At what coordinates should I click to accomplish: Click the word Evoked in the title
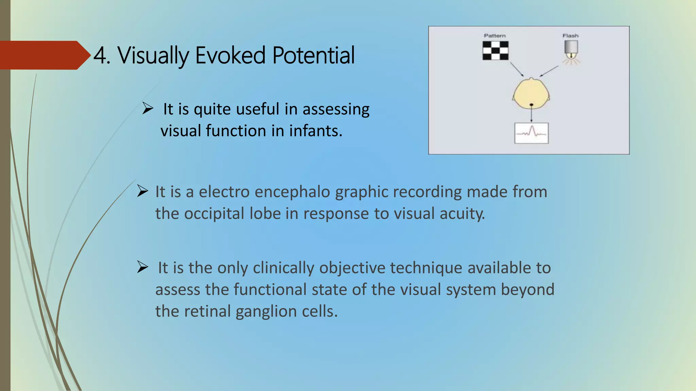(230, 55)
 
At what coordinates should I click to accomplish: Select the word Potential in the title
(313, 55)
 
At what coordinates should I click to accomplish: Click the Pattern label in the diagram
(494, 36)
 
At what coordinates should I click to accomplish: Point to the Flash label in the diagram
(570, 36)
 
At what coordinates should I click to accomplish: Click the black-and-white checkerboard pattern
(495, 51)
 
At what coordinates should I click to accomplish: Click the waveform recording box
(532, 133)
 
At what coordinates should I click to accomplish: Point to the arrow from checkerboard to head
(517, 69)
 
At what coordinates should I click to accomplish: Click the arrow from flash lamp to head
(549, 71)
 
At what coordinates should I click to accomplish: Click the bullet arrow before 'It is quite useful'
(148, 109)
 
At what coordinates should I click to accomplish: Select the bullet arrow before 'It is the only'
(143, 267)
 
